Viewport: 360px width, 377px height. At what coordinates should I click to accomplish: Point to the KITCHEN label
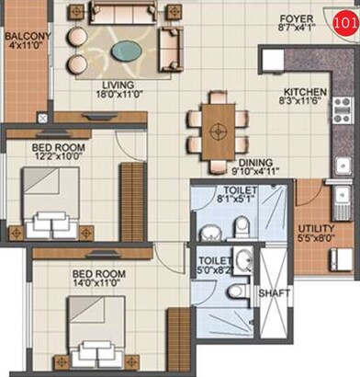tap(303, 92)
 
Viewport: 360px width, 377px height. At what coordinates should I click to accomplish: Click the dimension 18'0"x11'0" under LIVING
tap(118, 93)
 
